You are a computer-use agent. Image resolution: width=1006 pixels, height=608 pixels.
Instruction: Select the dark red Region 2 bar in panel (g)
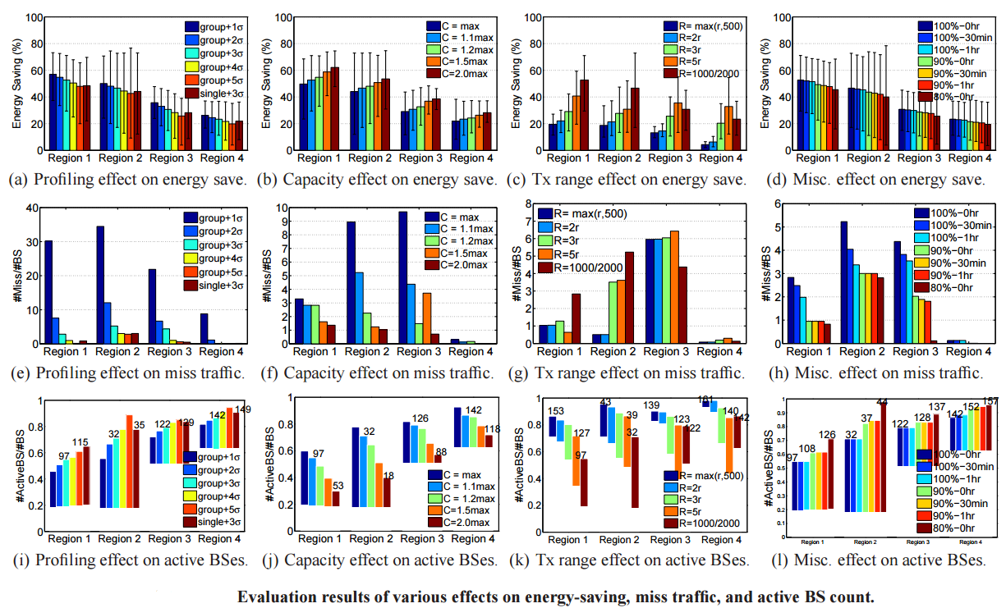pyautogui.click(x=630, y=297)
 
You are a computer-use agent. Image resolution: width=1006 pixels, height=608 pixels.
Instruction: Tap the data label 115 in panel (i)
pyautogui.click(x=80, y=442)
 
